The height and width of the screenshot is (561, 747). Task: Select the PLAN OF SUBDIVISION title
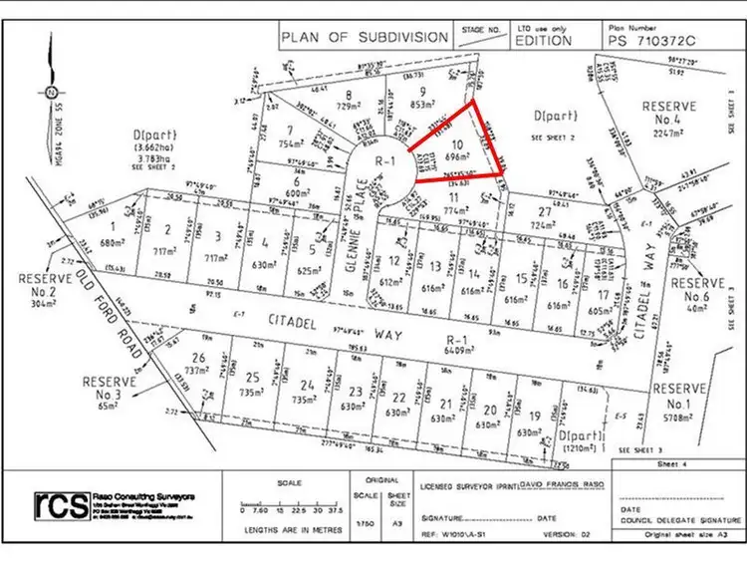tap(365, 38)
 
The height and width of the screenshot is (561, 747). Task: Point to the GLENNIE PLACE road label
tap(368, 224)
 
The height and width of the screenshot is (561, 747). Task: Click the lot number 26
tap(200, 359)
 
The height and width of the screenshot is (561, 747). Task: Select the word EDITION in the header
tap(544, 42)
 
